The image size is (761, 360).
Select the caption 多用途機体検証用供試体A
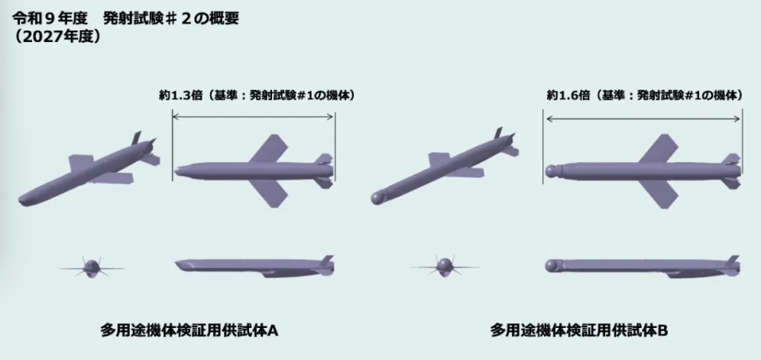(189, 331)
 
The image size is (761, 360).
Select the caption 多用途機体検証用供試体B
(579, 331)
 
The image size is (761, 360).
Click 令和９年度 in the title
(50, 18)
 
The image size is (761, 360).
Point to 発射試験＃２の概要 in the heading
(171, 18)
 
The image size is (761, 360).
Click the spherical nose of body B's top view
(551, 171)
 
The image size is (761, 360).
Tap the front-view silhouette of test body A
(91, 267)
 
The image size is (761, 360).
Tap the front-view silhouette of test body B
(444, 267)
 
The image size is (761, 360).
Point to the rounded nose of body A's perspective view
(25, 199)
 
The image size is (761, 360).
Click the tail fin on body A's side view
(328, 260)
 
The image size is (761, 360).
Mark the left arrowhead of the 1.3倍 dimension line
(175, 116)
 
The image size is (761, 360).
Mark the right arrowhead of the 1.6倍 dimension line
(739, 118)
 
